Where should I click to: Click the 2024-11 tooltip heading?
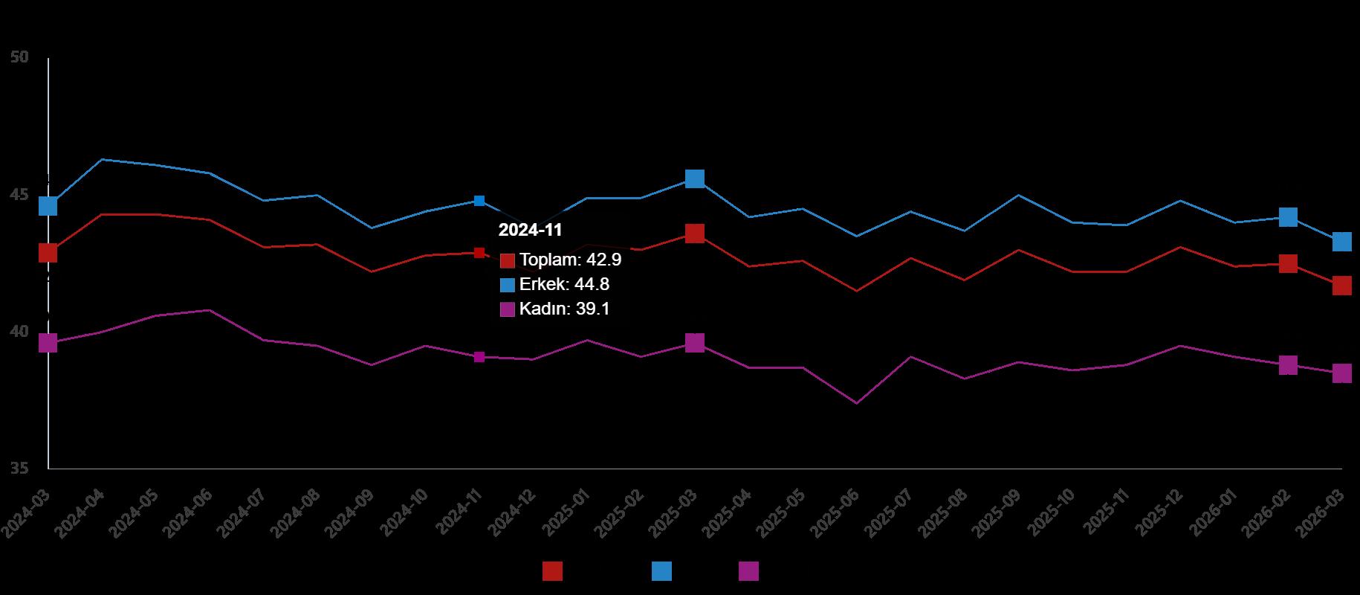[530, 231]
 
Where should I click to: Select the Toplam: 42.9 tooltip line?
[570, 260]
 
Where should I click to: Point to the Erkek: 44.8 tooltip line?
[564, 285]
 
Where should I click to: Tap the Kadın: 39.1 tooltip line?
[564, 309]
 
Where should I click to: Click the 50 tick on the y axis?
[20, 57]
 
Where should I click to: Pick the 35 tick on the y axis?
[20, 469]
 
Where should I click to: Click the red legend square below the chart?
[552, 571]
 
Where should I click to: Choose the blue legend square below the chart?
[661, 571]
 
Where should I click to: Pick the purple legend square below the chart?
[748, 571]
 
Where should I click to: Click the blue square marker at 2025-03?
[695, 178]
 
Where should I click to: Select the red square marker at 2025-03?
[695, 234]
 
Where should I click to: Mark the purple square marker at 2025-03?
[695, 343]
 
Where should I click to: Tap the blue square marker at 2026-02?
[1288, 217]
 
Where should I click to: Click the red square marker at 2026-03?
[1341, 286]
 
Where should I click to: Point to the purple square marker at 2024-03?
[48, 343]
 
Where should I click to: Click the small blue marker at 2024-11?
[479, 201]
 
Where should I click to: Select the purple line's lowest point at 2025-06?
[856, 403]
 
